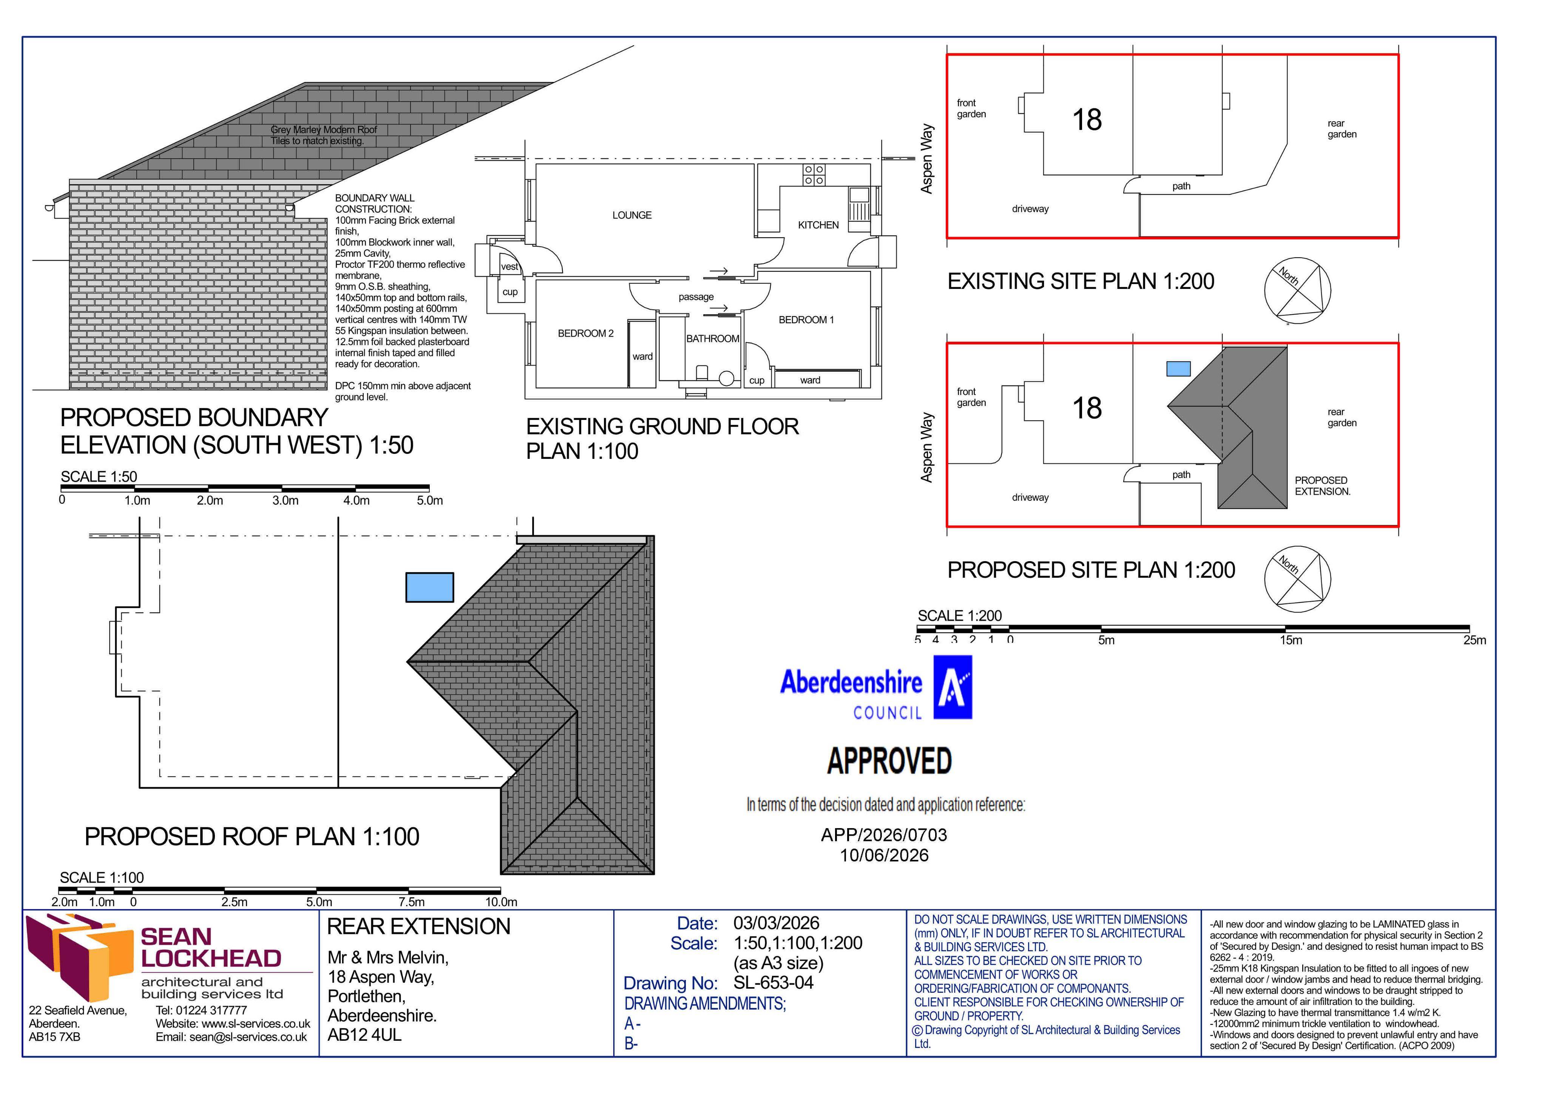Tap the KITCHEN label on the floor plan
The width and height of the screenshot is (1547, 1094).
click(x=818, y=225)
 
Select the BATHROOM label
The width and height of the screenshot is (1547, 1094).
click(x=713, y=339)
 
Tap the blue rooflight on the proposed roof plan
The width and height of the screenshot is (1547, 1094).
click(x=429, y=587)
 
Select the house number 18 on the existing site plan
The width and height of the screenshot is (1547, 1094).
click(x=1087, y=120)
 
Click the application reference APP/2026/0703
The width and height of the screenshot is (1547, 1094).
click(x=884, y=835)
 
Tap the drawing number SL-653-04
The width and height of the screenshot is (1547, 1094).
click(x=773, y=983)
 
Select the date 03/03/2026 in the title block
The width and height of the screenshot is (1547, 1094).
click(x=776, y=923)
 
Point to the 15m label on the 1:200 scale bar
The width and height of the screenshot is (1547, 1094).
click(x=1291, y=640)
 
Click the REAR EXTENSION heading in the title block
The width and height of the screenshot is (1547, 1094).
click(x=418, y=927)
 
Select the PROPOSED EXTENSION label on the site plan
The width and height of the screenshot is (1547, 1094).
click(x=1322, y=486)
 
